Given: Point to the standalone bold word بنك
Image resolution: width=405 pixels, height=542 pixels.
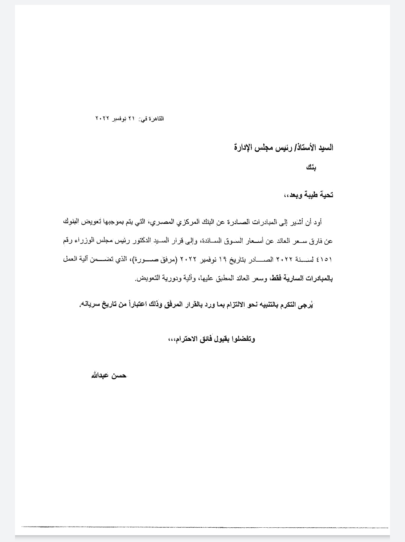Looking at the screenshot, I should click(311, 167).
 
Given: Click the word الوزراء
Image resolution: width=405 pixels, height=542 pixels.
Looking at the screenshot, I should click(80, 241).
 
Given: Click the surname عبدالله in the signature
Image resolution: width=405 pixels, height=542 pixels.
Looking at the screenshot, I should click(99, 375).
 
